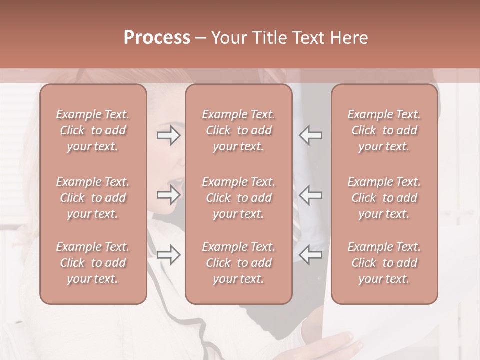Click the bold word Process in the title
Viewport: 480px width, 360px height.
pyautogui.click(x=157, y=38)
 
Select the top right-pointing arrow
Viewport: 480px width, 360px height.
pyautogui.click(x=168, y=135)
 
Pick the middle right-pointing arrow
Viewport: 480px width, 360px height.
pyautogui.click(x=168, y=195)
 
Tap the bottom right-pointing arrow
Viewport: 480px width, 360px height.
pyautogui.click(x=168, y=255)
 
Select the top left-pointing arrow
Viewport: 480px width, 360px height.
pyautogui.click(x=311, y=135)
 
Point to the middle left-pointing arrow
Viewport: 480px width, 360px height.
pyautogui.click(x=311, y=195)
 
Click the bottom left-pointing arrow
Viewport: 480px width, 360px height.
pyautogui.click(x=311, y=255)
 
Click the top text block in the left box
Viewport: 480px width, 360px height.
pyautogui.click(x=93, y=130)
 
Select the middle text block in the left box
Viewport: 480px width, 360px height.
pyautogui.click(x=93, y=198)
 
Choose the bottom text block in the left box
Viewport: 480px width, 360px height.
pyautogui.click(x=93, y=263)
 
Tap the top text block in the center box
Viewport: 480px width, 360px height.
pyautogui.click(x=238, y=130)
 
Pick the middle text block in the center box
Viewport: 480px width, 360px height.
pyautogui.click(x=238, y=198)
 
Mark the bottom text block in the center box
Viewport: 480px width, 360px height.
pyautogui.click(x=238, y=263)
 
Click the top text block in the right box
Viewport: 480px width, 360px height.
pyautogui.click(x=384, y=130)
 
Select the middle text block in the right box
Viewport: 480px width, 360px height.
pyautogui.click(x=384, y=198)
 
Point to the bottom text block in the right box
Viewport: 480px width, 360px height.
pyautogui.click(x=384, y=263)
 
